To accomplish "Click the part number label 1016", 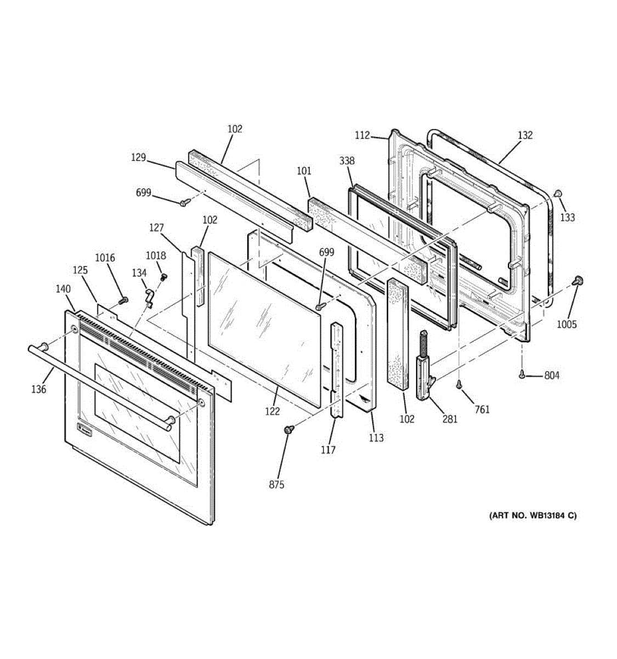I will click(105, 258).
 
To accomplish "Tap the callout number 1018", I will click(155, 255).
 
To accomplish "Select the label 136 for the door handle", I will click(38, 389).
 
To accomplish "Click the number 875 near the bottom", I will click(276, 485).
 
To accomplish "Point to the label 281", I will click(449, 419).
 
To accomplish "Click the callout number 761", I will click(482, 409).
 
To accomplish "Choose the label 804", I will click(552, 376).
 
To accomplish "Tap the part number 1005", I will click(567, 324).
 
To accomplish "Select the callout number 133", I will click(568, 217).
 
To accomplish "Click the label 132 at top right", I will click(525, 135).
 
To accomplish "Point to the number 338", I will click(347, 161).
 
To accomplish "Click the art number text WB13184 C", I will click(533, 516).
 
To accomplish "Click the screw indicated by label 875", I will click(287, 430).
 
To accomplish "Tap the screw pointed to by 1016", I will click(123, 300).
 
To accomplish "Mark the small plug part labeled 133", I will click(557, 193).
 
